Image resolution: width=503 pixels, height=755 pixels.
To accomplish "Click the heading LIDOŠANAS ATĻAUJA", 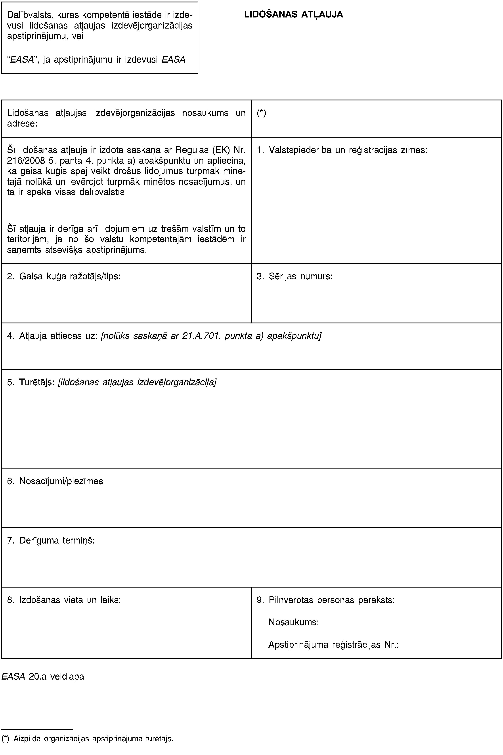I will (294, 14).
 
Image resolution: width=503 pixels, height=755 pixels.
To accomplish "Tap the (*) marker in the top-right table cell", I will (261, 113).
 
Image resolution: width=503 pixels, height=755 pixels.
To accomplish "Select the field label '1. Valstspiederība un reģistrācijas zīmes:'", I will (342, 150).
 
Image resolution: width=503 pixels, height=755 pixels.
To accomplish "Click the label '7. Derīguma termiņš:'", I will (51, 540).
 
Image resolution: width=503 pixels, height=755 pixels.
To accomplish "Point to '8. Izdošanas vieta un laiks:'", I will (64, 600).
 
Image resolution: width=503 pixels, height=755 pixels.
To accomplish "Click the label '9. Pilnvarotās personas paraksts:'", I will (326, 600).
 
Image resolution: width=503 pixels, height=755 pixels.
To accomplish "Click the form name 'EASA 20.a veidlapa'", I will (43, 676).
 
